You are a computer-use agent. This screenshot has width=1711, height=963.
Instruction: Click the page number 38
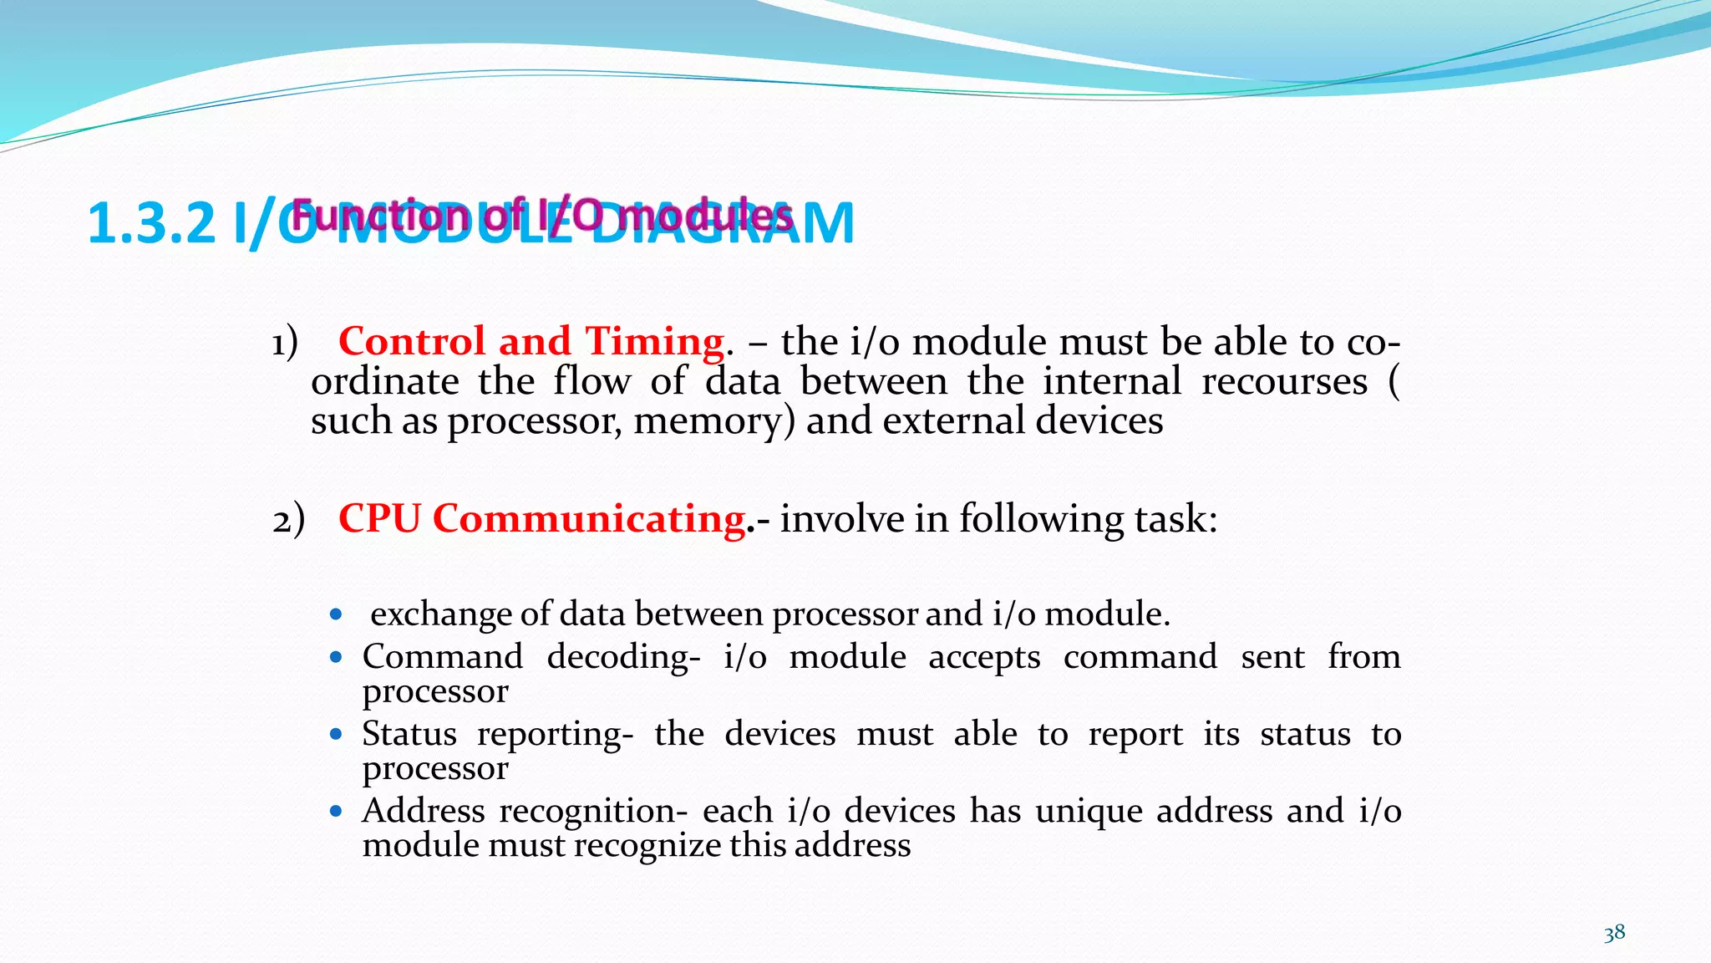point(1614,933)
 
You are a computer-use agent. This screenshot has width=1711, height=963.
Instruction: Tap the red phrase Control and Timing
point(531,341)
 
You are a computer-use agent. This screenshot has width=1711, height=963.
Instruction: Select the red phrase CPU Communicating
point(541,518)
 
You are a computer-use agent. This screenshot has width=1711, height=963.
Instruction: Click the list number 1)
point(285,342)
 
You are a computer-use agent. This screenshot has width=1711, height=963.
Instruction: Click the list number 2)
point(288,519)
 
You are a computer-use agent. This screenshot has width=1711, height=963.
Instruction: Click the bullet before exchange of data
point(336,615)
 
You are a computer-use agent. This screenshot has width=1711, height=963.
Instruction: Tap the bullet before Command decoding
point(336,658)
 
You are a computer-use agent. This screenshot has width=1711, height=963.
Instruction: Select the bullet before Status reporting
point(336,735)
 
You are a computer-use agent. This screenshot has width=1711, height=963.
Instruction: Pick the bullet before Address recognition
point(336,811)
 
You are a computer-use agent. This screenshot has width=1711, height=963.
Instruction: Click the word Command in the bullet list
point(442,657)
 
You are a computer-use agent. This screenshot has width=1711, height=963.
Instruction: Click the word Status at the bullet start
point(409,734)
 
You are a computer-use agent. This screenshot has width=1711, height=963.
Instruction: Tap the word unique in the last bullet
point(1089,812)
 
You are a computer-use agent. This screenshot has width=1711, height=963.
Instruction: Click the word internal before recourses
point(1111,382)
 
